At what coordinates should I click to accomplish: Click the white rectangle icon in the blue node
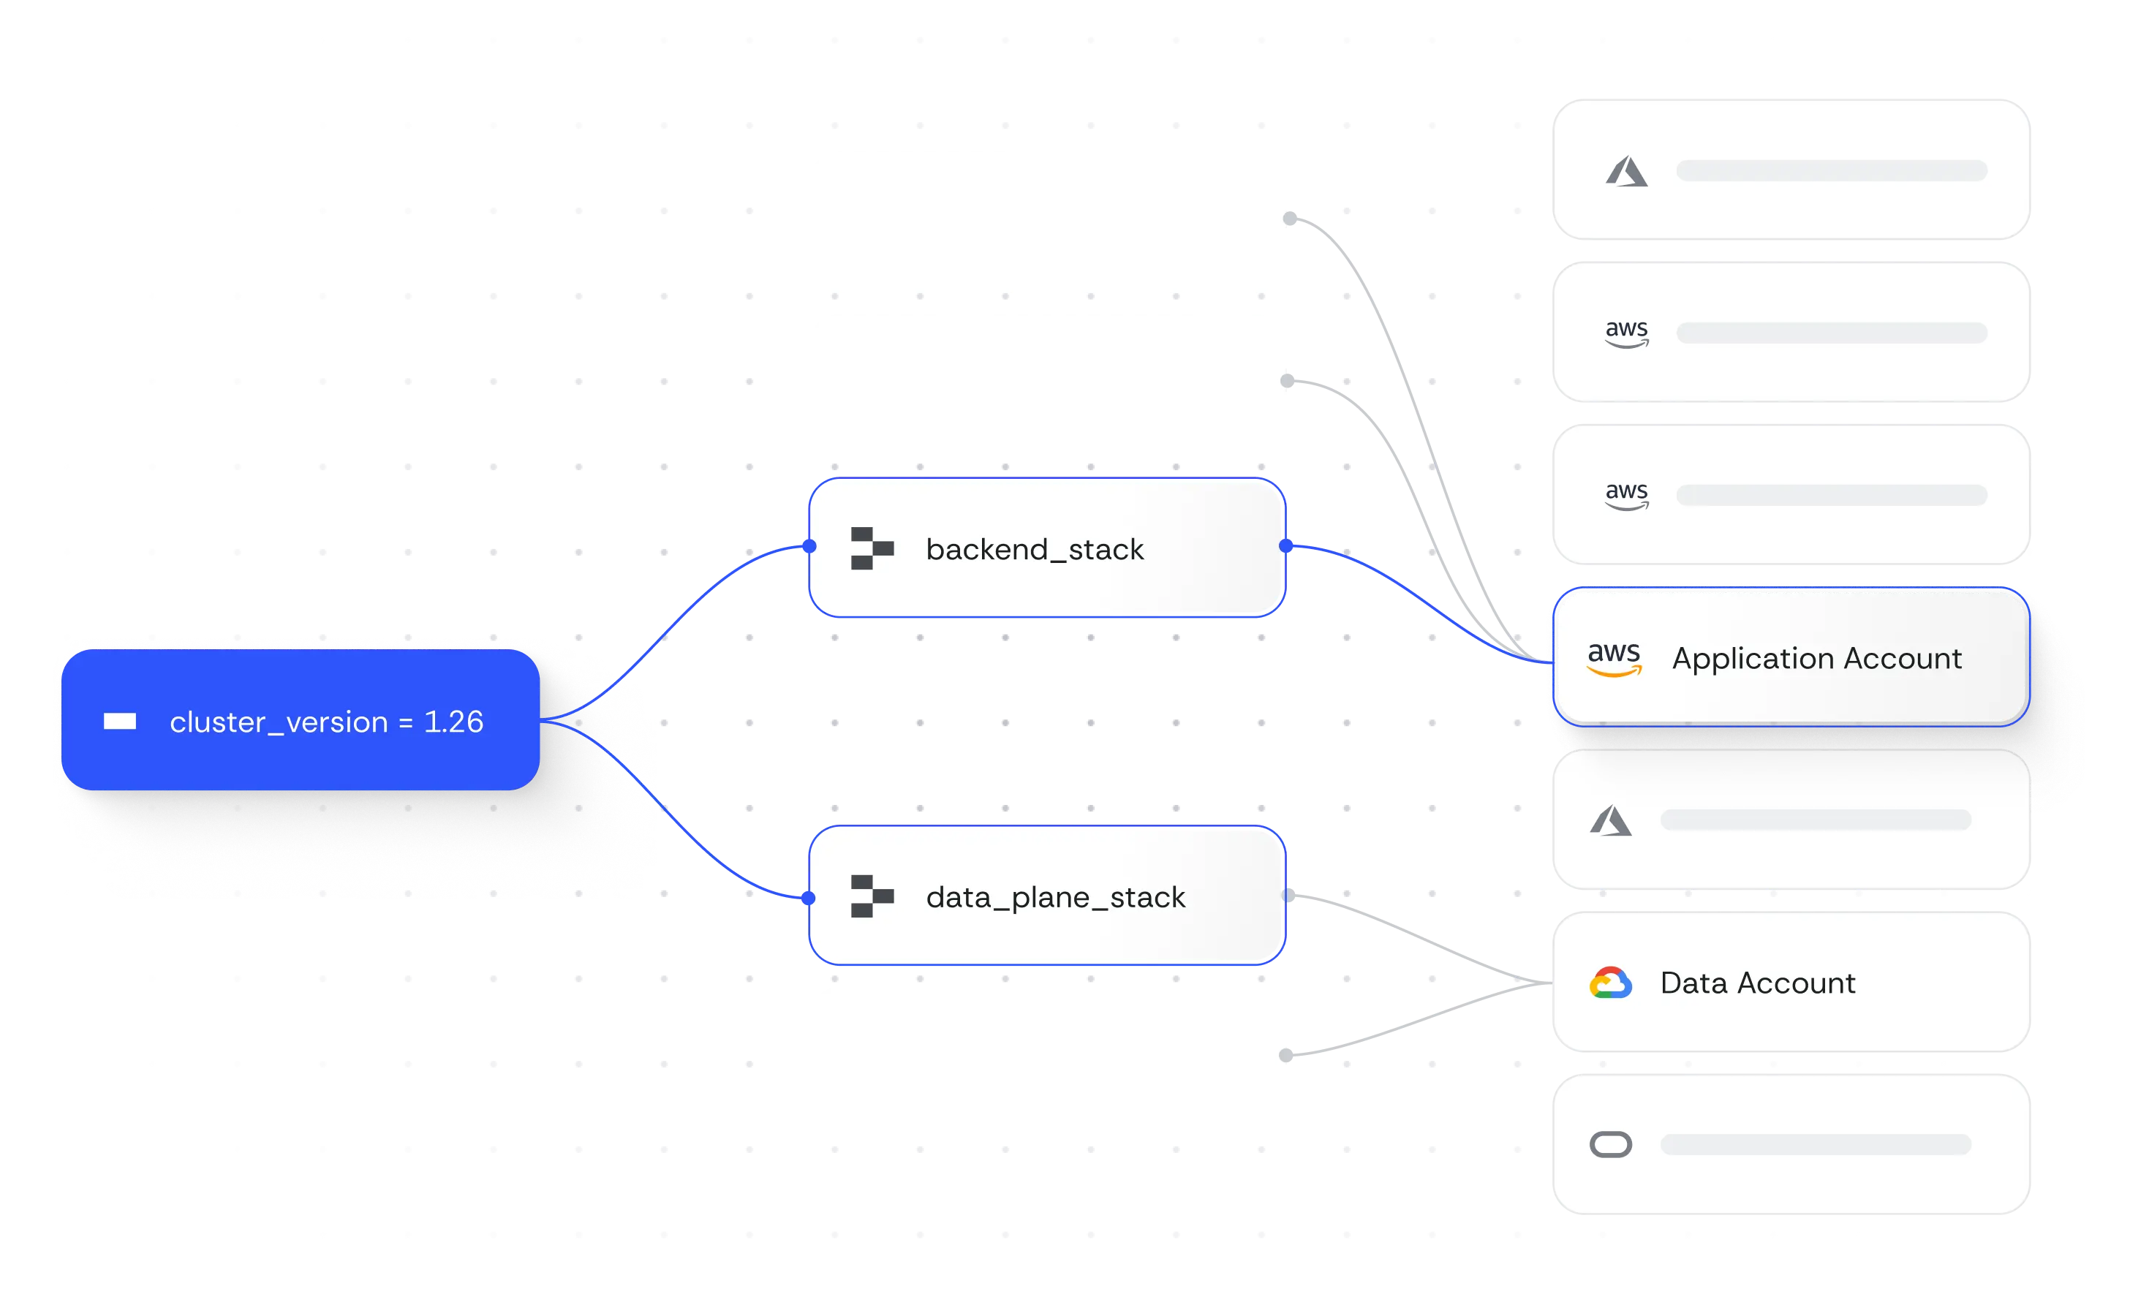point(120,722)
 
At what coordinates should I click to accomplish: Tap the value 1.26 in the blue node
point(453,722)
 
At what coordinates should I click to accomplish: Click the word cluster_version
point(279,722)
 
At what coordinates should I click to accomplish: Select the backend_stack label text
point(1034,549)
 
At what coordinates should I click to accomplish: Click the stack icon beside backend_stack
point(872,548)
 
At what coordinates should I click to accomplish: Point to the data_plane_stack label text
point(1055,896)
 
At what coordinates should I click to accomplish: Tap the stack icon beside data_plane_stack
point(872,896)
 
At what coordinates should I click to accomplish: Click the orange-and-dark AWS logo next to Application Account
point(1614,658)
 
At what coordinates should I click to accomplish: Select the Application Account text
point(1816,658)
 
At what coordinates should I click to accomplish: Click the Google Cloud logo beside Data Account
point(1610,983)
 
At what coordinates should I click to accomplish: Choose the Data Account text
point(1757,983)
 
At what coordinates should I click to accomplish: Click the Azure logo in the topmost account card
point(1626,172)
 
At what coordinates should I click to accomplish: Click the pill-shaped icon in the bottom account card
point(1610,1144)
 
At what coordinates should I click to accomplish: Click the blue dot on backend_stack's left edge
point(809,547)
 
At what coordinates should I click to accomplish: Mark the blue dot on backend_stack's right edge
point(1285,547)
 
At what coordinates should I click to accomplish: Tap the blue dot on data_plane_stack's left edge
point(809,897)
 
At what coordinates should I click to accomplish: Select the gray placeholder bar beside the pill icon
point(1815,1144)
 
